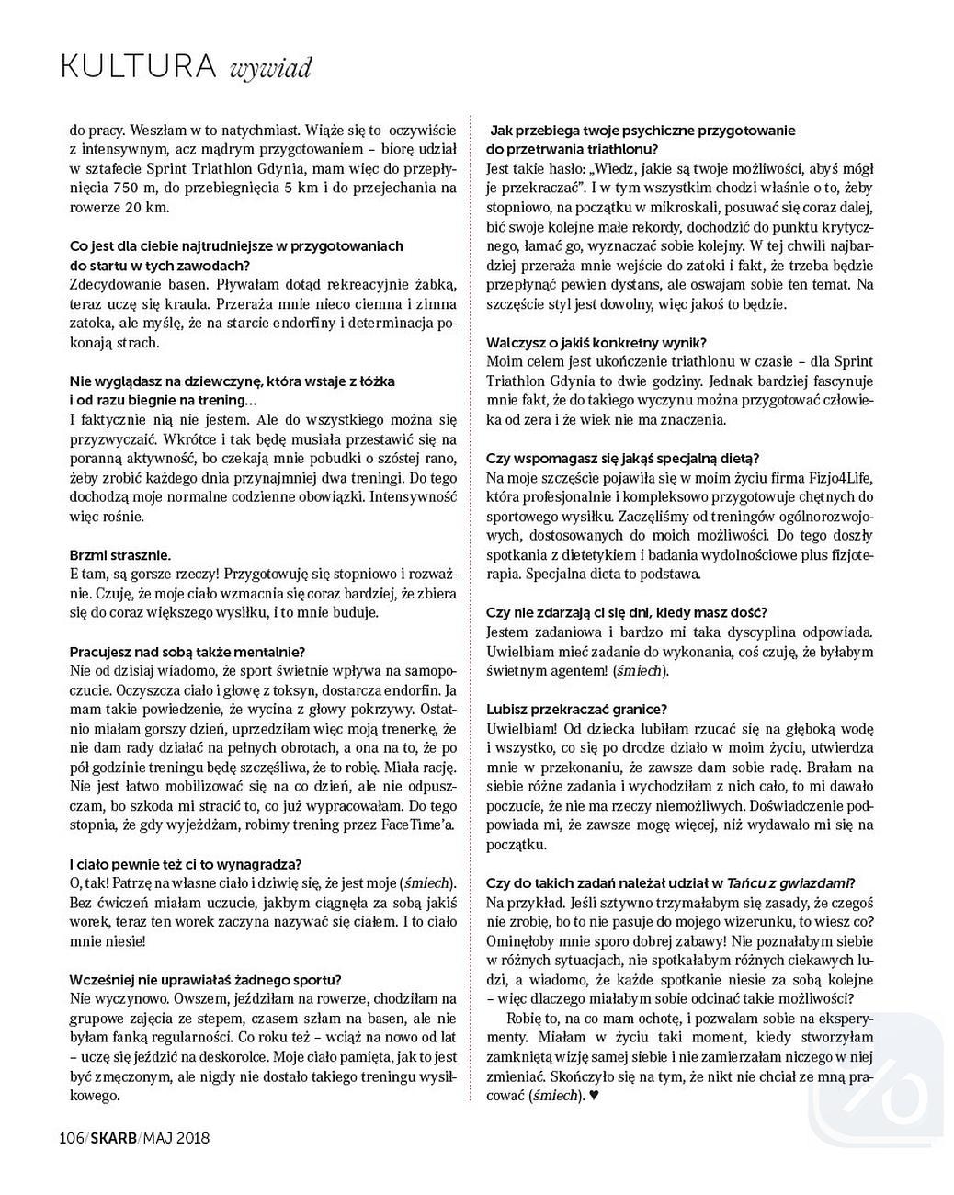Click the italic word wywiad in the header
click(271, 67)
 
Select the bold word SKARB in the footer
click(114, 1138)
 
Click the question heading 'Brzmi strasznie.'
click(120, 555)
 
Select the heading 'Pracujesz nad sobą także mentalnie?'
click(187, 651)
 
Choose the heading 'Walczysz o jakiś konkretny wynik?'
click(596, 343)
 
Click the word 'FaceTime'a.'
click(418, 825)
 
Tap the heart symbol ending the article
click(594, 1095)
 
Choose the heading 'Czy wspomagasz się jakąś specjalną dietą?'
click(623, 458)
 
